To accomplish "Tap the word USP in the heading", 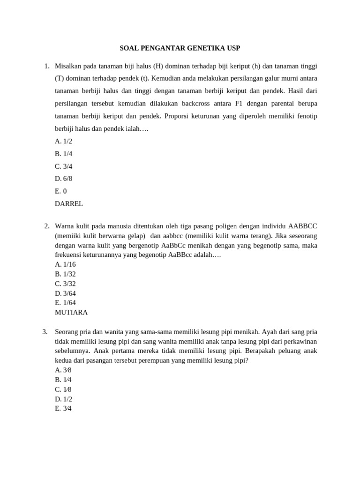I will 233,48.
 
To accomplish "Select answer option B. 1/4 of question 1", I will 64,154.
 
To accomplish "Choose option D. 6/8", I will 64,179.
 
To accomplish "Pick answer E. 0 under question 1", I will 61,191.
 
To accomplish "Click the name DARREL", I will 69,203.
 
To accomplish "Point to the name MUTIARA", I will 71,312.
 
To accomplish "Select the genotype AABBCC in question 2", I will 303,226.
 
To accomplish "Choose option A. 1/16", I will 65,264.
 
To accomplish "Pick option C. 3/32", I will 65,284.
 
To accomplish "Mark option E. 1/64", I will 65,303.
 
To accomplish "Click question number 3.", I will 45,332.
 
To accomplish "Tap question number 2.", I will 47,226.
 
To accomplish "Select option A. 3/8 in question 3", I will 63,370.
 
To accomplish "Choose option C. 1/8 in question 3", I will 63,390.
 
